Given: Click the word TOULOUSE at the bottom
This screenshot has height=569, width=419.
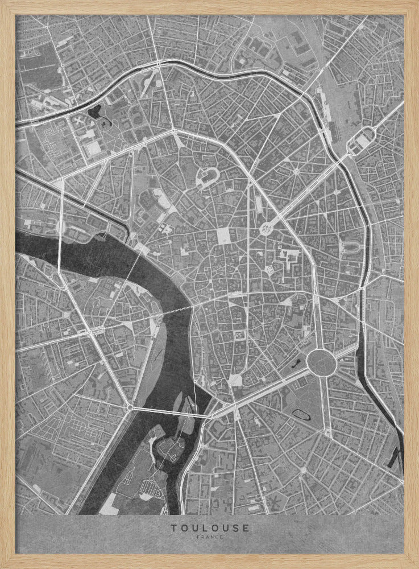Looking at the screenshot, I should [x=209, y=527].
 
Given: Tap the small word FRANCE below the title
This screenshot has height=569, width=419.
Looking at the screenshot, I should [x=209, y=537].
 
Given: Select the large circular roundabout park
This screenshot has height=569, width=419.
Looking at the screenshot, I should [x=320, y=361].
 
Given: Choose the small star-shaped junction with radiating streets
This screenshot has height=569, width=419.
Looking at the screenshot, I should [x=296, y=171].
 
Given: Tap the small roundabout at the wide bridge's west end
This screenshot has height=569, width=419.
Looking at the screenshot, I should [x=131, y=407].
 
